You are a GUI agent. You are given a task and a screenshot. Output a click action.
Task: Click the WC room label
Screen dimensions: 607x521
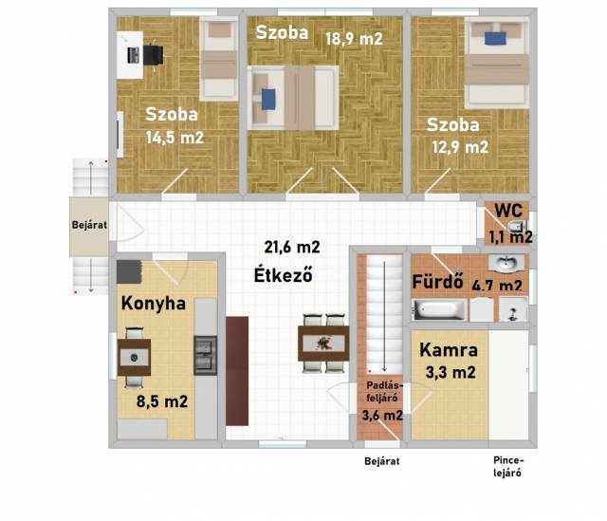[508, 211]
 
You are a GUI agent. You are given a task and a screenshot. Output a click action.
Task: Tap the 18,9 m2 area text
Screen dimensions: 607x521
[354, 39]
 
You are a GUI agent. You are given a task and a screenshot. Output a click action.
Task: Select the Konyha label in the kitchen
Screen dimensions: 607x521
[154, 304]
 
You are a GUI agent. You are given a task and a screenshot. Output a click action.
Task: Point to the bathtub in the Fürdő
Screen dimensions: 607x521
[440, 309]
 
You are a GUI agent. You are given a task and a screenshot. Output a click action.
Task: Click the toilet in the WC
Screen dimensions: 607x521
[518, 226]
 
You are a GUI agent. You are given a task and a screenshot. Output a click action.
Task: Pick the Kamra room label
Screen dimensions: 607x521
[449, 350]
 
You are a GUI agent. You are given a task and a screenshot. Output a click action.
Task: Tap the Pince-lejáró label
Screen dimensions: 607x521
[508, 466]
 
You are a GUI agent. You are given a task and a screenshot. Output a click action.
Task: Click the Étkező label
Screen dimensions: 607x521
[284, 274]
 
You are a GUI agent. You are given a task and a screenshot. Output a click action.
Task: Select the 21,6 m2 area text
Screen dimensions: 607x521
[292, 247]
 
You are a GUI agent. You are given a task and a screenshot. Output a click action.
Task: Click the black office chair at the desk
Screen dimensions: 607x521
[154, 55]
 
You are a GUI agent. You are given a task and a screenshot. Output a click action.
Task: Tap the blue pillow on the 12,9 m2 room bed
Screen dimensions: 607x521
[495, 38]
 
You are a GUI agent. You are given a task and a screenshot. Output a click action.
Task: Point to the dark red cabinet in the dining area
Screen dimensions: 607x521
[237, 371]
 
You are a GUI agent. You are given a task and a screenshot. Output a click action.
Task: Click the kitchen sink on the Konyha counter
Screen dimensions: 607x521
[205, 355]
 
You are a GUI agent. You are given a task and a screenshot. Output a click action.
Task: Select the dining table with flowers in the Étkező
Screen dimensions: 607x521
[323, 344]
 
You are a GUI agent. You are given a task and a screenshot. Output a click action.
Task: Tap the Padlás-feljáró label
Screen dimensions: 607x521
[384, 392]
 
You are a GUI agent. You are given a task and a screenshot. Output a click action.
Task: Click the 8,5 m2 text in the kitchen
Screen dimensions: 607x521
[162, 401]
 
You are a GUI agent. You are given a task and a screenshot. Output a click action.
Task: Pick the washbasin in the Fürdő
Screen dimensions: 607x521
[506, 263]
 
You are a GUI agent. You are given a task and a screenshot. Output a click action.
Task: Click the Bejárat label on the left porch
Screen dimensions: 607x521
[89, 225]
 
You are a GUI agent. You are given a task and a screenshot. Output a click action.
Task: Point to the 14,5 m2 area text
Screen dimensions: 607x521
[175, 138]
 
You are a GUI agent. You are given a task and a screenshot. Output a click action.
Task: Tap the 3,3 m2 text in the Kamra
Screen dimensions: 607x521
[451, 373]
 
